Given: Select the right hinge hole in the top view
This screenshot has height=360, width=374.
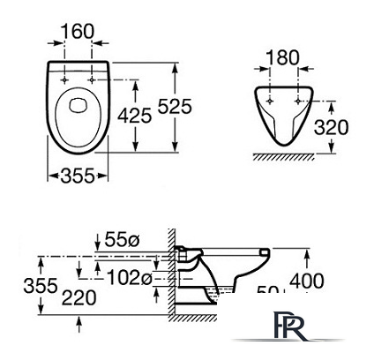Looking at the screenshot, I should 92,79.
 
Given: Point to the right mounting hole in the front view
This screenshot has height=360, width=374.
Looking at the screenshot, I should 295,98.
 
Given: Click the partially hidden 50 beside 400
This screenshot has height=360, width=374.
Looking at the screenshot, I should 268,289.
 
